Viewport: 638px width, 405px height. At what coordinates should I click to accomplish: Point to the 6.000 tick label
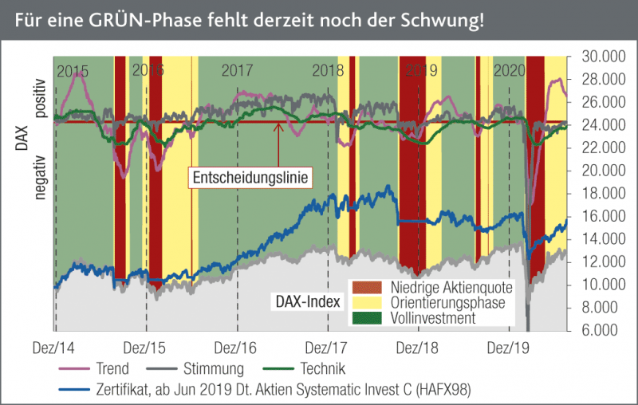(599, 330)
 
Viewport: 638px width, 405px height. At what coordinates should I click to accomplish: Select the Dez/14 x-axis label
(54, 348)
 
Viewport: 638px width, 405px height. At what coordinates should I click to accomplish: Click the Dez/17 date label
(329, 348)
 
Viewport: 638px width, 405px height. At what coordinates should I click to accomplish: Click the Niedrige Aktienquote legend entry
(451, 288)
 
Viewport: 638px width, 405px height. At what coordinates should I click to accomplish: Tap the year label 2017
(237, 70)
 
